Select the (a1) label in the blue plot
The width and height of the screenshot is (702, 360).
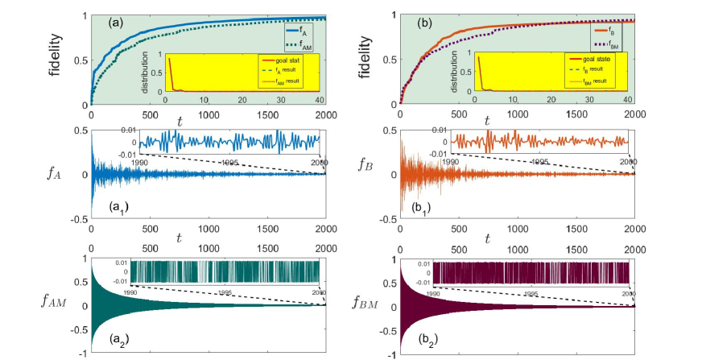tap(119, 209)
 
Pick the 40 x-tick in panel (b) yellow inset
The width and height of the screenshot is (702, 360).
tap(626, 99)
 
